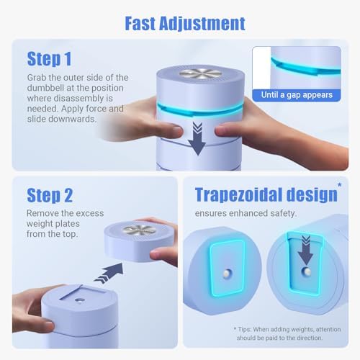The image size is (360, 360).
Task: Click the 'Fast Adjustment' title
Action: point(185,24)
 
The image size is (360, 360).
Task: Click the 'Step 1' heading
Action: point(49,59)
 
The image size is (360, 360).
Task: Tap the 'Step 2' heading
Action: point(50,195)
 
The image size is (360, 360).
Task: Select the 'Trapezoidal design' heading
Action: point(266,195)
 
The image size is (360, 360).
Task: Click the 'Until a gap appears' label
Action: point(297,95)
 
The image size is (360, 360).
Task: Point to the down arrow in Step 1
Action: point(197,138)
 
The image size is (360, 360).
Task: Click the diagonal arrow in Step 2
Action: point(109,273)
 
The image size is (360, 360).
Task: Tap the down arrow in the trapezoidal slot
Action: point(305,251)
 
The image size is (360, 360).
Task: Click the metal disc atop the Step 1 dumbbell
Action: point(200,73)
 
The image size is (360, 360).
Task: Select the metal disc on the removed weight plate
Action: point(139,230)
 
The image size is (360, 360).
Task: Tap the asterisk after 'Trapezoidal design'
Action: point(339,185)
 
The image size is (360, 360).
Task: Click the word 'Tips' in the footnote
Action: point(243,330)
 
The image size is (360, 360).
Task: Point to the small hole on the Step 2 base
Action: point(78,300)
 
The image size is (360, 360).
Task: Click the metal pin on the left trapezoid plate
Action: point(227,274)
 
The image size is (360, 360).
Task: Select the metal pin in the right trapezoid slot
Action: point(306,272)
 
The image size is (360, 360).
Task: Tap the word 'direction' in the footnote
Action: point(310,338)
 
